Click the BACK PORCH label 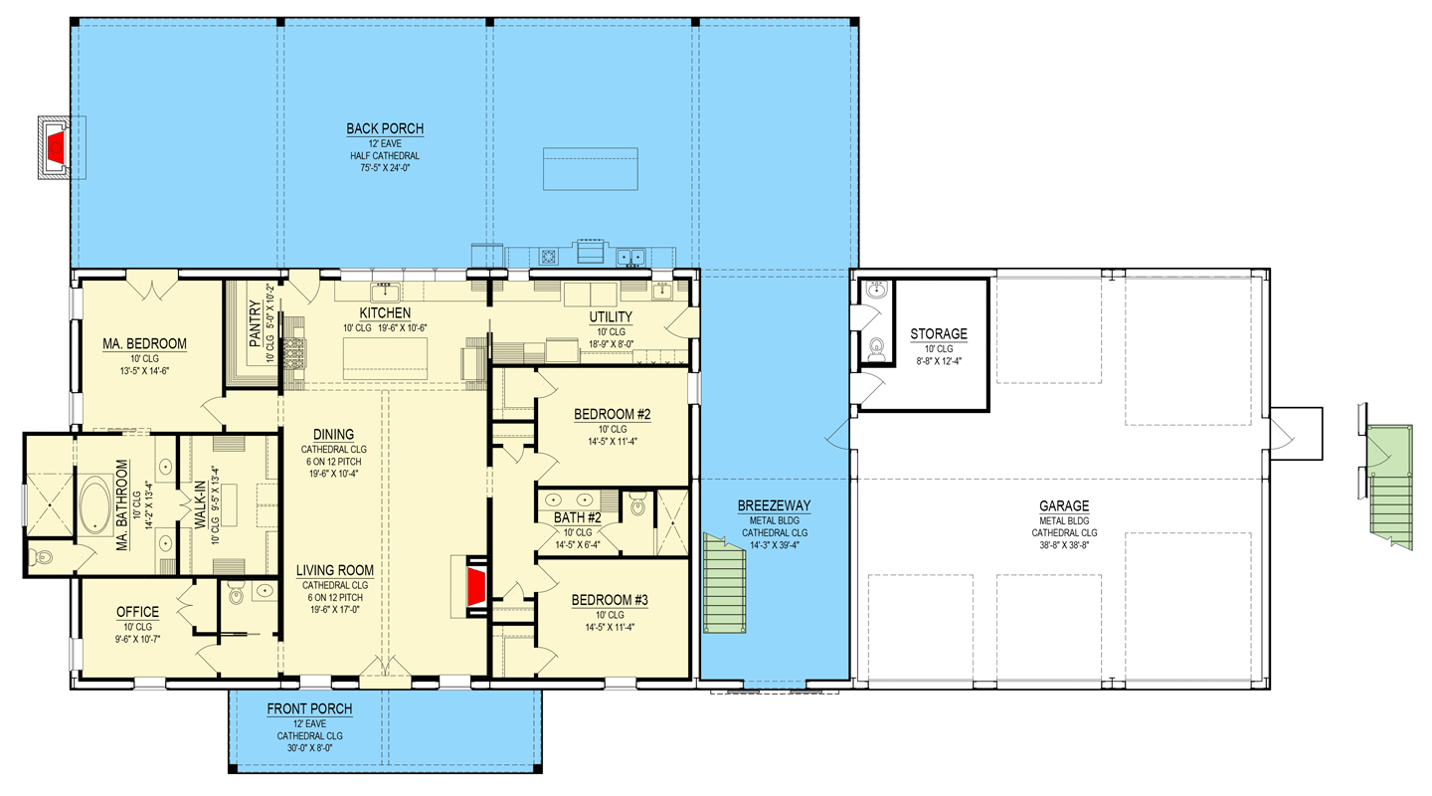[385, 128]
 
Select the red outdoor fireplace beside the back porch [57, 147]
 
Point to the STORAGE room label [938, 334]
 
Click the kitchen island [386, 359]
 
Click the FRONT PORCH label [309, 708]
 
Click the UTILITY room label [611, 317]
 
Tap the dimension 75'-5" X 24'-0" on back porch [385, 169]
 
